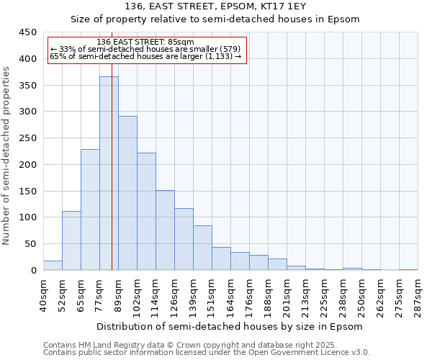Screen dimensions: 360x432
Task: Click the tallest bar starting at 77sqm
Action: pyautogui.click(x=109, y=173)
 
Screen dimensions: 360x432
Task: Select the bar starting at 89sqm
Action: pyautogui.click(x=127, y=193)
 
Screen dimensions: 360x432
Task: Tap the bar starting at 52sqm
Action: pyautogui.click(x=71, y=240)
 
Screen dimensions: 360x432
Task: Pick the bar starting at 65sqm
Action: pyautogui.click(x=90, y=210)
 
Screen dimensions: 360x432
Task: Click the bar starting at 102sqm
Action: pyautogui.click(x=146, y=212)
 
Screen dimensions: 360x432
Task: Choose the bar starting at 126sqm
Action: pyautogui.click(x=184, y=239)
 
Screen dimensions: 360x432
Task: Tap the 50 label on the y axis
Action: pyautogui.click(x=30, y=244)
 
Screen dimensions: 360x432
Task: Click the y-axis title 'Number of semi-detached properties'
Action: pyautogui.click(x=6, y=156)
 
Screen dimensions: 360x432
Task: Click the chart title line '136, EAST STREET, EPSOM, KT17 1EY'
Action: pyautogui.click(x=215, y=6)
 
